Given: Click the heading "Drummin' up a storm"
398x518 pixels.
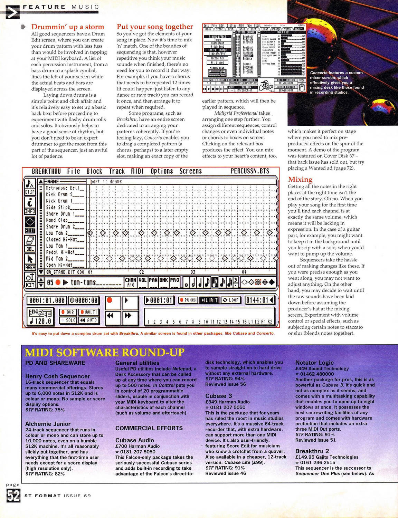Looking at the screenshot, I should pos(68,27).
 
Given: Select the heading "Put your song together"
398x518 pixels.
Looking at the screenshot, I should pos(155,27).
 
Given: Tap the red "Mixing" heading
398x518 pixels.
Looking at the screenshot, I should pos(300,179).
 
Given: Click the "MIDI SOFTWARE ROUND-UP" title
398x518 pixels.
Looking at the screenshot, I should pos(105,353).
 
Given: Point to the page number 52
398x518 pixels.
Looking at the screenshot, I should pos(13,496).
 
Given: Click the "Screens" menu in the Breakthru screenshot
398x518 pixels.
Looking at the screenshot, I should pos(190,171).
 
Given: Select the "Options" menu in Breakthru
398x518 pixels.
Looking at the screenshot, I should pos(162,171).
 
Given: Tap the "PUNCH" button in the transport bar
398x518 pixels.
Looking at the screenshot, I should pos(188,300).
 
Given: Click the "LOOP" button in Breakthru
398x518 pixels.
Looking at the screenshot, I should pos(231,300).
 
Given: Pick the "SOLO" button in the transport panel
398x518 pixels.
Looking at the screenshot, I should pos(68,320).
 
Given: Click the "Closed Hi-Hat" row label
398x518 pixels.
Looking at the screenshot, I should pos(65,239).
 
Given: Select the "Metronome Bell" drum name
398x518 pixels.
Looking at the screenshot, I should pos(65,188).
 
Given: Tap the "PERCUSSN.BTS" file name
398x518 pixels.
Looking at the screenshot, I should pos(250,171).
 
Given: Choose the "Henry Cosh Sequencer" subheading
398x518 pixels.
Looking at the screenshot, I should pos(58,376).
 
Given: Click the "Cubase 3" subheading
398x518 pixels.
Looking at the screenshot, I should pos(219,396).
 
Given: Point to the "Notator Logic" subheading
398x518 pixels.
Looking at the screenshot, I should pos(314,363).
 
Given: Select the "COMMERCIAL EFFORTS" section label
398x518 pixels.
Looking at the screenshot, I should pos(149,428).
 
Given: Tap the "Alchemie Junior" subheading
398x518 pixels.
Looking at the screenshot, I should pos(48,424).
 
